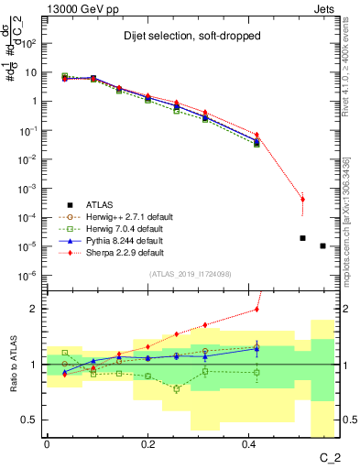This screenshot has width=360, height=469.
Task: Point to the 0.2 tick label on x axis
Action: (147, 443)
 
